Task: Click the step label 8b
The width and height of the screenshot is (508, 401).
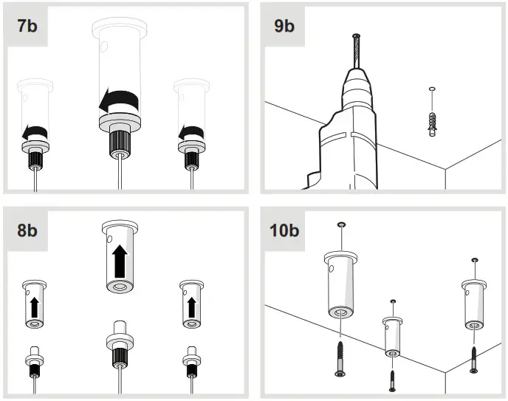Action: coord(28,230)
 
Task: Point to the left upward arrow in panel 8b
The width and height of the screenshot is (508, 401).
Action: coord(32,305)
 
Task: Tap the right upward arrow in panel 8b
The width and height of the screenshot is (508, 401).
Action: coord(191,304)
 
